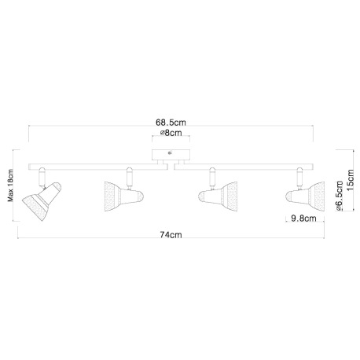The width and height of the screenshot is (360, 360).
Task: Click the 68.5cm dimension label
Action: [x=171, y=123]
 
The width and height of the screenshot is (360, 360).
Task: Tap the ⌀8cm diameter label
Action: [x=171, y=133]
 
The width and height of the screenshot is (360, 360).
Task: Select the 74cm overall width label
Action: [x=171, y=235]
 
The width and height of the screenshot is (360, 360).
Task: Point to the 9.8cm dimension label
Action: [x=303, y=218]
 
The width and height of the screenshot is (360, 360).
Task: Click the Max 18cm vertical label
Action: [x=10, y=186]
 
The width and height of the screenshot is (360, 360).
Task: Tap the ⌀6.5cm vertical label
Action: [x=340, y=196]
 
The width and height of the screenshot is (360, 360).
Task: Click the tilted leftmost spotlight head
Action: [x=42, y=201]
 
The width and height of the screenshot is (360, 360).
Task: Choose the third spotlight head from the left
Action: [x=218, y=197]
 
